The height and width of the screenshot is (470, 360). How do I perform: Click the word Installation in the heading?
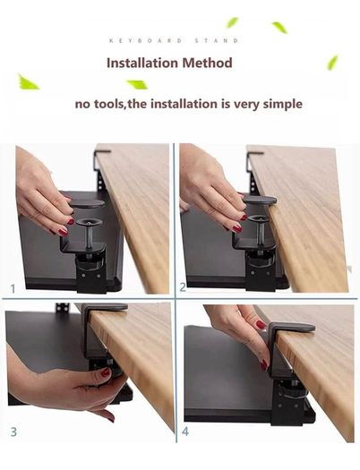pos(142,63)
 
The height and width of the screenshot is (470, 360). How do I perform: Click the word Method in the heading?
pos(208,63)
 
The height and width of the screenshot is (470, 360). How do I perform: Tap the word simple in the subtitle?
pos(283,105)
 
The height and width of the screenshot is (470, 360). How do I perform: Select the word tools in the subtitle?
pos(108,105)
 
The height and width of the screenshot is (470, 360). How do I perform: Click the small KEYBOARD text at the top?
pos(145,40)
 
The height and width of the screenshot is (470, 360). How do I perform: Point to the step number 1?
pos(13,288)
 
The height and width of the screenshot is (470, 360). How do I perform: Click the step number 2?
pos(183,287)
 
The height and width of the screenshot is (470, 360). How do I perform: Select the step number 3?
pos(13,432)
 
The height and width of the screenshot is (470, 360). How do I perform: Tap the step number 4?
pos(185,432)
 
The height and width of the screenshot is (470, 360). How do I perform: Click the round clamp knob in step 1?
pos(89,222)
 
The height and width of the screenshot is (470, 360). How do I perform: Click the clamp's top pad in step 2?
pos(260,200)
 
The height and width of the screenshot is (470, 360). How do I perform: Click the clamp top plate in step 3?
pos(105,307)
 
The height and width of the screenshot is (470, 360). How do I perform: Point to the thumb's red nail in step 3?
pos(105,372)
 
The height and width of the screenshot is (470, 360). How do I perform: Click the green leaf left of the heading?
pos(28,82)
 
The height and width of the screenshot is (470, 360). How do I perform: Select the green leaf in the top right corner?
pos(332,63)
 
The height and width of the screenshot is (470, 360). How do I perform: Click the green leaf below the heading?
pos(138,84)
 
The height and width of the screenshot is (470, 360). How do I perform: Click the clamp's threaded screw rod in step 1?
pos(89,238)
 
